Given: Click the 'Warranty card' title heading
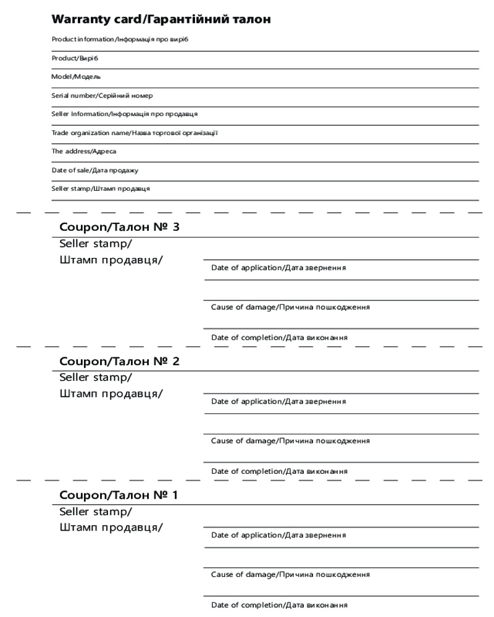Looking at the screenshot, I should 161,20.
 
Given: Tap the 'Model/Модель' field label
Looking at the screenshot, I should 76,77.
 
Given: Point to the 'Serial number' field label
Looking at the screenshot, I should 102,96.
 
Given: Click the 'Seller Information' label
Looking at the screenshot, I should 124,114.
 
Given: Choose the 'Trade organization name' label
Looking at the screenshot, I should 135,133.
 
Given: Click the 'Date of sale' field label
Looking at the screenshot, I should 95,170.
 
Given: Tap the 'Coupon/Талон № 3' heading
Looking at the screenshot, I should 119,227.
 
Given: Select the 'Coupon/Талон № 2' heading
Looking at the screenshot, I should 119,361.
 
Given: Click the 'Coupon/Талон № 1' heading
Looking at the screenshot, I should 119,495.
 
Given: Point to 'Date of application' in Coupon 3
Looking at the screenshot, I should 278,268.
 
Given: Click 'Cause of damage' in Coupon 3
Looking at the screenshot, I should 290,307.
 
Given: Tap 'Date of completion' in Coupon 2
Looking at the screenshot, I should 279,471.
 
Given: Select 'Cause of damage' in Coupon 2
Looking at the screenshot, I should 290,441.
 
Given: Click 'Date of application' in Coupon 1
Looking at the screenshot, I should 278,535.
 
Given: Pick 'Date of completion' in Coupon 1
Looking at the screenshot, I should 279,605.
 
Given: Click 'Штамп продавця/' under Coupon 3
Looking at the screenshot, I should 111,259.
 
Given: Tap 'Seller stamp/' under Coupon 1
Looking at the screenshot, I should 96,511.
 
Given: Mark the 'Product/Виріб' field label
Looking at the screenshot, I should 75,59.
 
